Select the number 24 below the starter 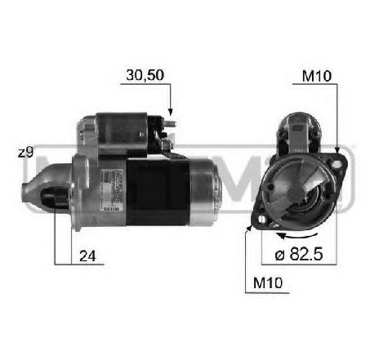point(87,256)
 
